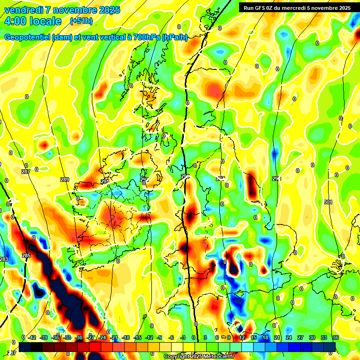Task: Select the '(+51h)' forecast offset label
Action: [x=81, y=21]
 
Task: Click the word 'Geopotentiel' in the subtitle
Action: [x=27, y=37]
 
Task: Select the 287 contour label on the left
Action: [x=26, y=172]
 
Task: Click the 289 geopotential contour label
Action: [x=65, y=180]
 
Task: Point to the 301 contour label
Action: [x=328, y=202]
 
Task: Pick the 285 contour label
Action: [x=26, y=255]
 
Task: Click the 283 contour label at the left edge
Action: [x=4, y=259]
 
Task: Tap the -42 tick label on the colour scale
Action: [x=32, y=337]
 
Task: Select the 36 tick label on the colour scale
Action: [x=335, y=337]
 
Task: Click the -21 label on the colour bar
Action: [x=114, y=337]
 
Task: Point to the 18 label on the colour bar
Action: [x=265, y=337]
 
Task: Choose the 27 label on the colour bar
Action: [x=300, y=337]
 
